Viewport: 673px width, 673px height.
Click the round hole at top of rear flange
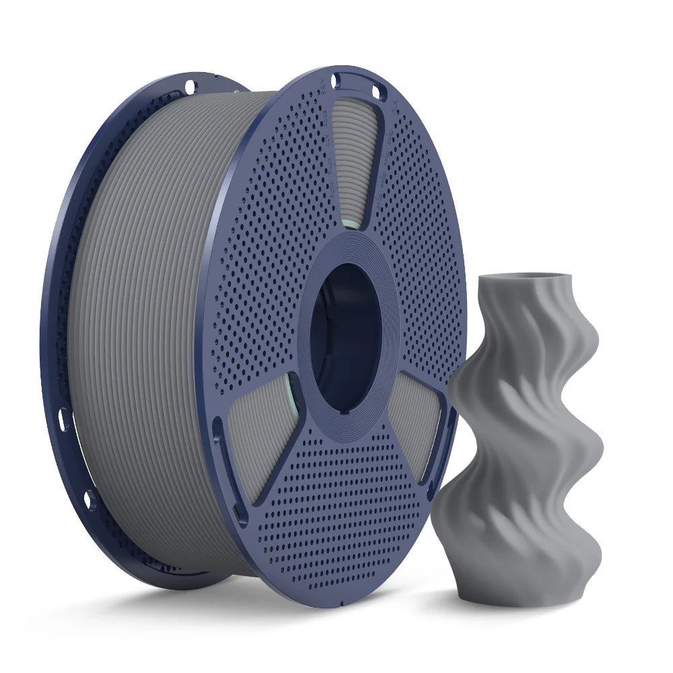pyautogui.click(x=190, y=86)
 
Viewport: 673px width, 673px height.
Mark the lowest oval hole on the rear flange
pyautogui.click(x=90, y=499)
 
